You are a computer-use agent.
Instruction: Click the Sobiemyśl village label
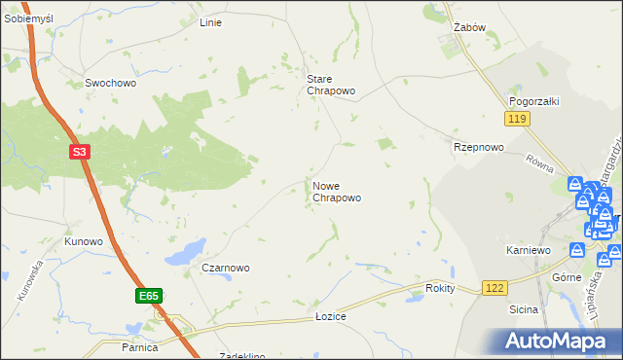click(28, 18)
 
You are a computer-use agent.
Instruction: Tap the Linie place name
click(210, 22)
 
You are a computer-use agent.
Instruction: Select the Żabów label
click(469, 28)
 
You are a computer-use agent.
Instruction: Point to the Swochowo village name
click(110, 84)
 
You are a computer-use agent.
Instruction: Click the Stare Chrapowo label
click(331, 85)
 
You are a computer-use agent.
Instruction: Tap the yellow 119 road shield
click(517, 119)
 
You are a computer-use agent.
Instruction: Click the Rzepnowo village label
click(478, 148)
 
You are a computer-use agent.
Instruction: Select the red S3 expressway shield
click(82, 152)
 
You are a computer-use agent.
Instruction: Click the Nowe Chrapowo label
click(337, 192)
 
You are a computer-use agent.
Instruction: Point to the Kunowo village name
click(83, 241)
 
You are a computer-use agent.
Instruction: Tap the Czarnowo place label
click(226, 268)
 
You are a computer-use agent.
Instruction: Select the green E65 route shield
click(147, 295)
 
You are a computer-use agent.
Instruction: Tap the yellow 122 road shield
click(495, 288)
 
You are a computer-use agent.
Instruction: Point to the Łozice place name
click(331, 317)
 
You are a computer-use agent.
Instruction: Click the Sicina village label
click(524, 309)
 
